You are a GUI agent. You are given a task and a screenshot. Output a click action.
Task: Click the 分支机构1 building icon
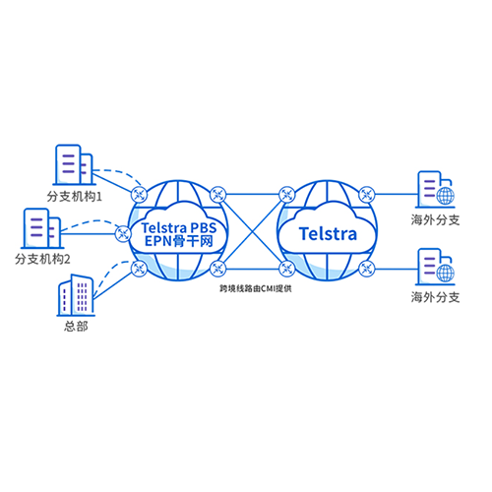tap(74, 164)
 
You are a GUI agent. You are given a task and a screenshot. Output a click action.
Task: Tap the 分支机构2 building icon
tap(42, 228)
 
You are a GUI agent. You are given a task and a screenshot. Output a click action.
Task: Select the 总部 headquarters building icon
tap(76, 295)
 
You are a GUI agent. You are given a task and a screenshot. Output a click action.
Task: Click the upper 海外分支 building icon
tap(436, 189)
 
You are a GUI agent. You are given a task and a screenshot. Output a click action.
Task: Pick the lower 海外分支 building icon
tap(436, 267)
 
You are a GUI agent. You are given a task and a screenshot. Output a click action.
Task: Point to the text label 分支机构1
tap(75, 197)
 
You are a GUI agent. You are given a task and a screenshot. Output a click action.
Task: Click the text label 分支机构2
tap(42, 260)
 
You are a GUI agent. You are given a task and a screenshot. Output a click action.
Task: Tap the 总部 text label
tap(76, 327)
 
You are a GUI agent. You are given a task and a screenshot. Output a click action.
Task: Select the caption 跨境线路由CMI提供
tap(256, 288)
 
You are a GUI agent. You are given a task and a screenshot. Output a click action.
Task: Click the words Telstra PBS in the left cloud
tap(179, 227)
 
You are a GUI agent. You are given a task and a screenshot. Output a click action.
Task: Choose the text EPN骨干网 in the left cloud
tap(179, 241)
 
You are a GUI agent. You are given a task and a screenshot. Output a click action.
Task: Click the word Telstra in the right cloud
tap(328, 234)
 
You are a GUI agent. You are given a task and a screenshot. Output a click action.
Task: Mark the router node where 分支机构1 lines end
tap(139, 195)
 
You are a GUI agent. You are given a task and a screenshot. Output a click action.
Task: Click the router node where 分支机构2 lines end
tap(123, 234)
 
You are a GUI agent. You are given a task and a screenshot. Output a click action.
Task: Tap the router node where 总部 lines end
tap(139, 269)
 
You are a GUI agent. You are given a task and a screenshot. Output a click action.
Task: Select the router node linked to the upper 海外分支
tap(367, 195)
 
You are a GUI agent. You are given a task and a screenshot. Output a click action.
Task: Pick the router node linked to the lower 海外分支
tap(367, 269)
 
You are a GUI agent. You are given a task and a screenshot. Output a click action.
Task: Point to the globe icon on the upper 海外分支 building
tap(446, 196)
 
